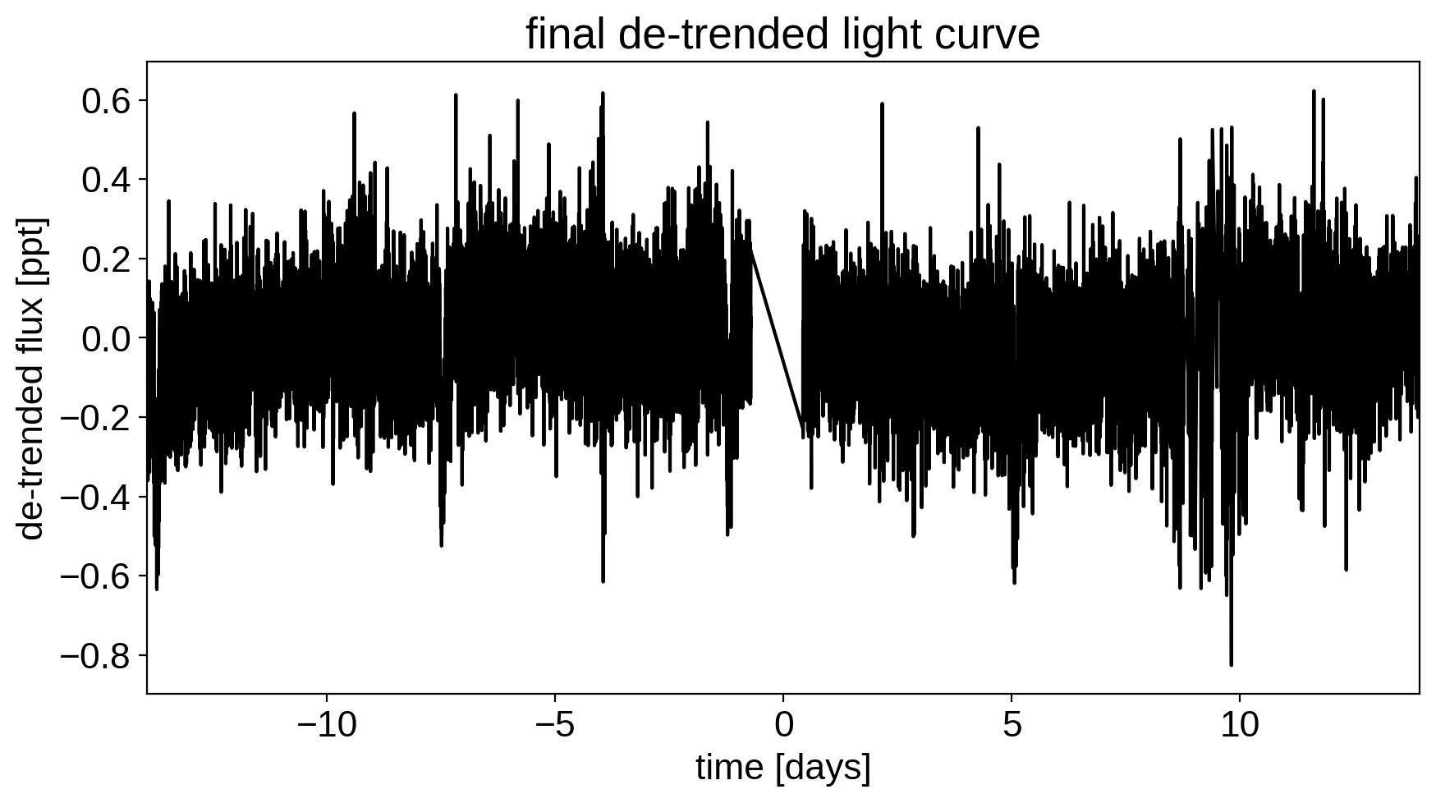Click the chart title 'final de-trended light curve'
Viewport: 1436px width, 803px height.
[x=782, y=34]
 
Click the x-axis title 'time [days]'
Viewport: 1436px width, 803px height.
[x=782, y=769]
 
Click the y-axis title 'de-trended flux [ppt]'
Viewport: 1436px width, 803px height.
[x=33, y=378]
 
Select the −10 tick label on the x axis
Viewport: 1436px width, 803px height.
[x=326, y=726]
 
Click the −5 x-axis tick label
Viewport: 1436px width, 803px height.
[x=554, y=726]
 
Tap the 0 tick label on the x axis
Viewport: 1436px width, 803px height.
[x=783, y=726]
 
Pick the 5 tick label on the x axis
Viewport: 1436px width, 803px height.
[x=1012, y=726]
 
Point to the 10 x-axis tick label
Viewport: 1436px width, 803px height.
[x=1240, y=726]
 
